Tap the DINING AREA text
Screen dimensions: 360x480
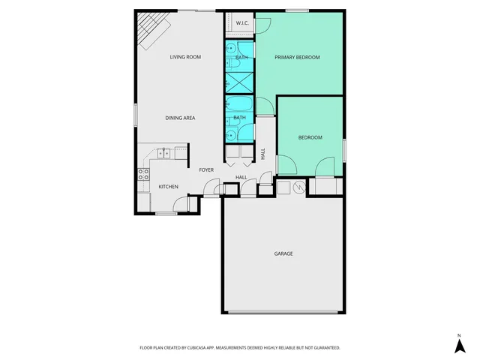[x=181, y=118]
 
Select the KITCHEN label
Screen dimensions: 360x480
[x=168, y=186]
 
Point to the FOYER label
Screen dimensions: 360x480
[x=206, y=170]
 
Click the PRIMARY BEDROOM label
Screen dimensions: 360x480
[x=297, y=57]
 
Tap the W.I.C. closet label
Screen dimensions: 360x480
[x=242, y=23]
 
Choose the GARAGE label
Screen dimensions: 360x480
[x=283, y=253]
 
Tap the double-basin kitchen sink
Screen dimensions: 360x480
[x=163, y=154]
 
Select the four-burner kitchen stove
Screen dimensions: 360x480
[x=142, y=177]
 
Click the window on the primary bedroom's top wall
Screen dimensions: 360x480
[x=297, y=10]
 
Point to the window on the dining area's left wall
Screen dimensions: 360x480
[x=136, y=113]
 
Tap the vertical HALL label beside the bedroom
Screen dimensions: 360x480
[x=263, y=153]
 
